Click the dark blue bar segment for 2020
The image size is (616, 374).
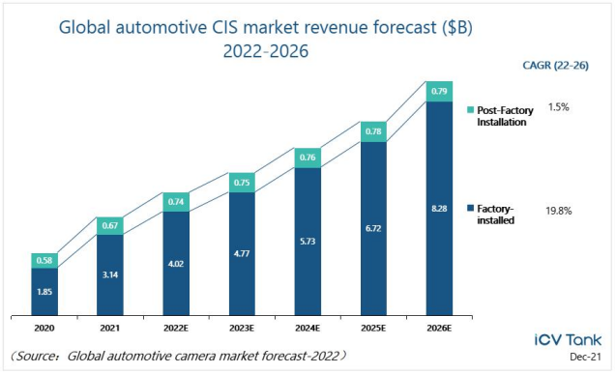pyautogui.click(x=44, y=292)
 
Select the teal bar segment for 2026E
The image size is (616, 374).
pyautogui.click(x=439, y=92)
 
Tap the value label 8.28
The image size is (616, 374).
pyautogui.click(x=439, y=209)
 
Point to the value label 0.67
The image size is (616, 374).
pyautogui.click(x=110, y=225)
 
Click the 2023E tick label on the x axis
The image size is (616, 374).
pyautogui.click(x=242, y=328)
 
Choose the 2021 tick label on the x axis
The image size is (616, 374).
pyautogui.click(x=110, y=328)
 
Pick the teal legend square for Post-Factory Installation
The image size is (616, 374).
pyautogui.click(x=470, y=110)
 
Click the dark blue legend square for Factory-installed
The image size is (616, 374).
pyautogui.click(x=470, y=208)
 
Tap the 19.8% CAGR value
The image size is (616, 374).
pyautogui.click(x=558, y=211)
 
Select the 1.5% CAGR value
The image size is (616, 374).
pyautogui.click(x=558, y=107)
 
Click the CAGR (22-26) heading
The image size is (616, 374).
pyautogui.click(x=555, y=65)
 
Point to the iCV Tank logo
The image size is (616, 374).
pyautogui.click(x=568, y=340)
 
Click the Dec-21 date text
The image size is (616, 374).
pyautogui.click(x=585, y=357)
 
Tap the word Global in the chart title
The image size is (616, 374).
pyautogui.click(x=84, y=27)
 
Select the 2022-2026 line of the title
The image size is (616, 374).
pyautogui.click(x=266, y=51)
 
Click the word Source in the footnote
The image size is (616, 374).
pyautogui.click(x=37, y=356)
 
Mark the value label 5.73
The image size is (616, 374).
pyautogui.click(x=308, y=242)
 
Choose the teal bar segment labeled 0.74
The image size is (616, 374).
pyautogui.click(x=176, y=202)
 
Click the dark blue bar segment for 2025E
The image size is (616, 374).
pyautogui.click(x=373, y=228)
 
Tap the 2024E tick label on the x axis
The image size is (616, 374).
pyautogui.click(x=308, y=328)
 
